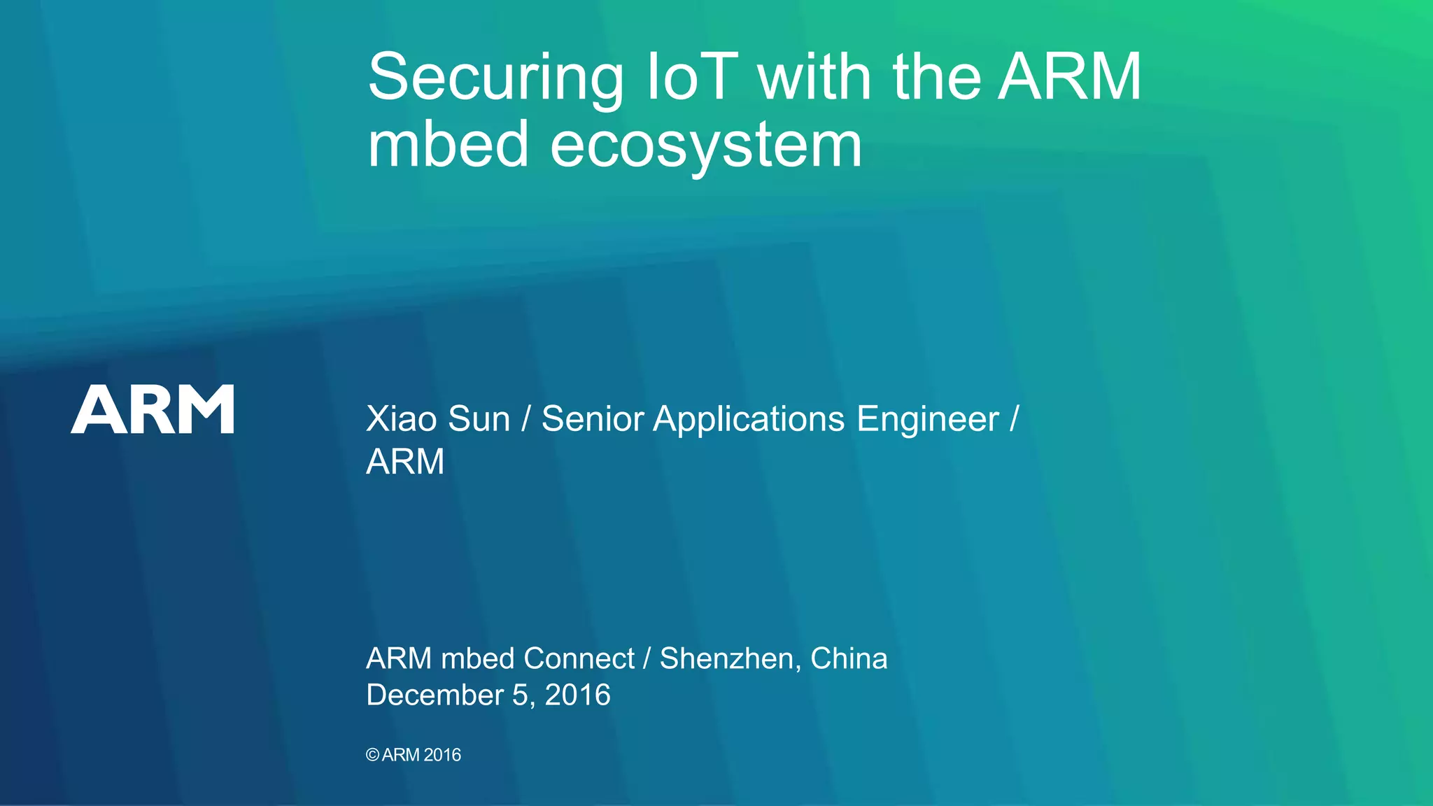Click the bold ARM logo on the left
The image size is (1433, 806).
153,409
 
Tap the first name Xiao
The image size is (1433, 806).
402,419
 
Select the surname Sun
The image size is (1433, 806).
479,419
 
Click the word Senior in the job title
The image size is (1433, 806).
592,419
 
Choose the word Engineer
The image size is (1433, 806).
928,419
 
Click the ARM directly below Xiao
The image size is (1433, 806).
405,462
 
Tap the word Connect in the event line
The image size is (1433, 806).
579,658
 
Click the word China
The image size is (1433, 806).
849,658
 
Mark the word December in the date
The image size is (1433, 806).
435,695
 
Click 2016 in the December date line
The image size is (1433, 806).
577,695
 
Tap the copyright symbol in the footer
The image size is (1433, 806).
372,755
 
